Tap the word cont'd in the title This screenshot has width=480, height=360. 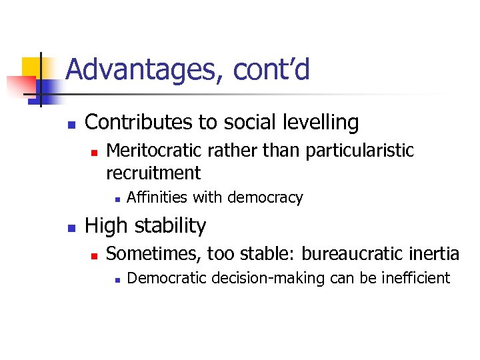coord(271,69)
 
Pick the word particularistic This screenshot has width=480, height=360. coord(359,151)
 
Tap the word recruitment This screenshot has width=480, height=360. coord(153,173)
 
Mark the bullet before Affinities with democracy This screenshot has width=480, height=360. coord(116,199)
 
